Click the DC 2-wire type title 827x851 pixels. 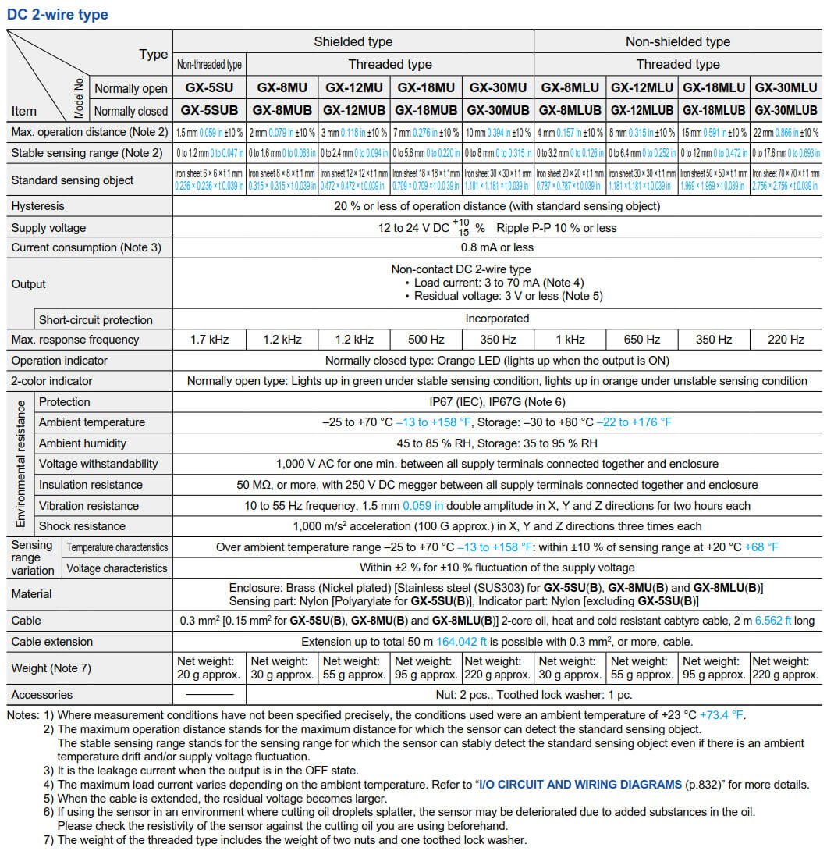58,15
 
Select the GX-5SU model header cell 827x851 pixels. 209,88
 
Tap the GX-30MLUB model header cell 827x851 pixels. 786,110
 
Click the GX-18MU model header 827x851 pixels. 427,88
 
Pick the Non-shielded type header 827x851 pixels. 677,41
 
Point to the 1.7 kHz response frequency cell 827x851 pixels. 209,340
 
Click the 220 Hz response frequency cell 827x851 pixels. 786,340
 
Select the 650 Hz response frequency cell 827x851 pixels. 642,340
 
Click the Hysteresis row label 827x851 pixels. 38,206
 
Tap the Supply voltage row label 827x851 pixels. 48,228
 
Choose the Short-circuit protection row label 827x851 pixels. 96,319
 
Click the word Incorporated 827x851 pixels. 497,319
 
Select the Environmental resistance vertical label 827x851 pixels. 21,464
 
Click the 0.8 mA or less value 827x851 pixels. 497,247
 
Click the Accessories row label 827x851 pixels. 42,695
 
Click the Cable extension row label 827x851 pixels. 51,642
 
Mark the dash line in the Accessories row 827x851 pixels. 209,694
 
